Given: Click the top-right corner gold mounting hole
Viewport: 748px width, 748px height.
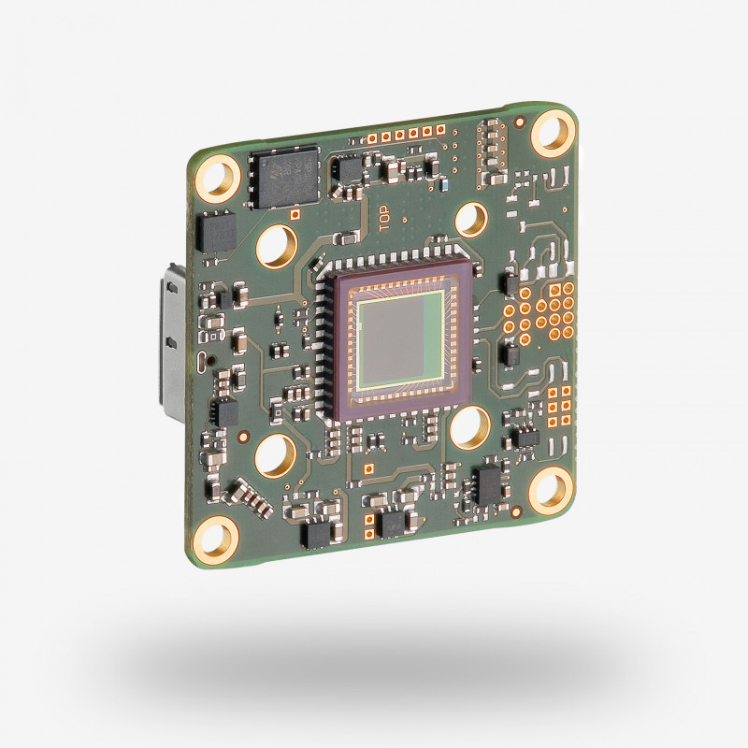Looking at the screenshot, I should tap(553, 133).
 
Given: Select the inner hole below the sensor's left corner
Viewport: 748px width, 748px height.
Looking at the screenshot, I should tap(276, 455).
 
